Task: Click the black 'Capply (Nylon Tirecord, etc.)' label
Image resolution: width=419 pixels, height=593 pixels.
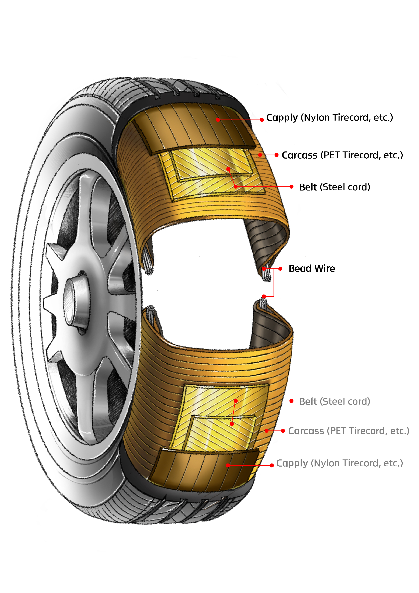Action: pos(330,117)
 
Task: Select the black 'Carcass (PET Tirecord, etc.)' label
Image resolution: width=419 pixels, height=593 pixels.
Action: pos(342,155)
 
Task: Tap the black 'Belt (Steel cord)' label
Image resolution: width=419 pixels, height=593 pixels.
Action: pos(335,187)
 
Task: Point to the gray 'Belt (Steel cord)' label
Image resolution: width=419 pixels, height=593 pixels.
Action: pos(335,401)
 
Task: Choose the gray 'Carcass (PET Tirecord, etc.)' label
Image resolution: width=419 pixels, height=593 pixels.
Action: pos(349,431)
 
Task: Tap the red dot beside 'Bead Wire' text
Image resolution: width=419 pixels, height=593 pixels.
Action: pos(280,269)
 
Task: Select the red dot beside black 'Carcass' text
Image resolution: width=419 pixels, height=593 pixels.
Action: pos(277,155)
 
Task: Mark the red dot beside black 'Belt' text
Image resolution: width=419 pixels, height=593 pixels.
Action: pos(291,186)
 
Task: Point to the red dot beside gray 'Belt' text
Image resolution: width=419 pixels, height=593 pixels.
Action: pos(291,401)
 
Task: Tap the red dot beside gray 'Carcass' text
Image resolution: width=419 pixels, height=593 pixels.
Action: pos(283,431)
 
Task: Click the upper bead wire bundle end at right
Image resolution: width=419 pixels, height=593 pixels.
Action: pos(266,274)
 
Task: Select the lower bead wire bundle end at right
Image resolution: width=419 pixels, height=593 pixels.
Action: pos(263,304)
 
